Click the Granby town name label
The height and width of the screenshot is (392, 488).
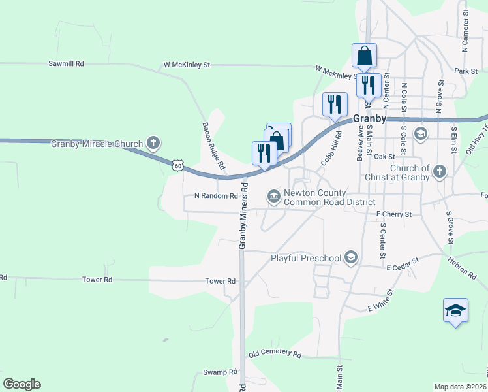tap(370, 119)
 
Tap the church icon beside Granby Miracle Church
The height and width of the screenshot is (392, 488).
tap(153, 142)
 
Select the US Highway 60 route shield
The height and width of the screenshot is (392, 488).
tap(177, 165)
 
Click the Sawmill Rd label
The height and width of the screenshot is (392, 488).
tap(67, 64)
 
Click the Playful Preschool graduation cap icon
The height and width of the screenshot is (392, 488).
tap(352, 257)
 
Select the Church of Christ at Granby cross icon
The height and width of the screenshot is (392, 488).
tap(440, 172)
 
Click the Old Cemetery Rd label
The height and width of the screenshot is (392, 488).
tap(275, 355)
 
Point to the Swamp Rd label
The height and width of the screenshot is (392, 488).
tap(220, 372)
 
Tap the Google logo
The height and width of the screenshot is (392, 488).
tap(22, 384)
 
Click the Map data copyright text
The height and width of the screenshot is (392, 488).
tap(461, 387)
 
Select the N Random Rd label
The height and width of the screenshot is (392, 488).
tap(216, 196)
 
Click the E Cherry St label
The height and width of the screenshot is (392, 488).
tap(394, 214)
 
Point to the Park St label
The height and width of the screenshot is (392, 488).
tap(466, 71)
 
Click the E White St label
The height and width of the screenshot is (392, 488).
tap(382, 300)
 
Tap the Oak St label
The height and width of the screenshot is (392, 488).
tap(385, 157)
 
